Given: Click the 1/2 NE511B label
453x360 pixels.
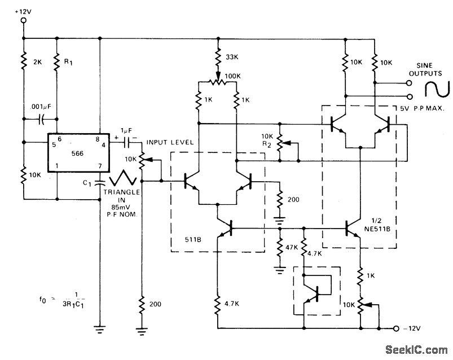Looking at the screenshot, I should point(381,224).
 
